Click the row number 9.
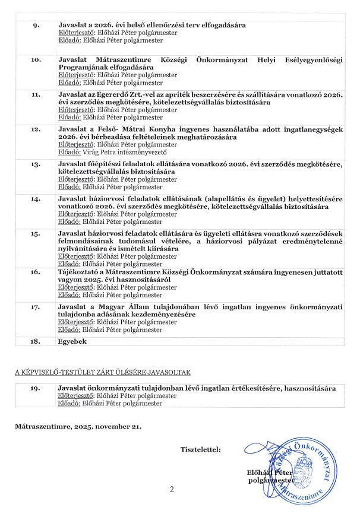click(35, 26)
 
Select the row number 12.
click(36, 129)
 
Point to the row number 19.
click(36, 388)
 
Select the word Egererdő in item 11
click(121, 94)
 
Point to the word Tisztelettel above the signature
click(200, 449)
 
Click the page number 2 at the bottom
click(172, 490)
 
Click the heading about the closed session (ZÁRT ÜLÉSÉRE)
click(102, 372)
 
